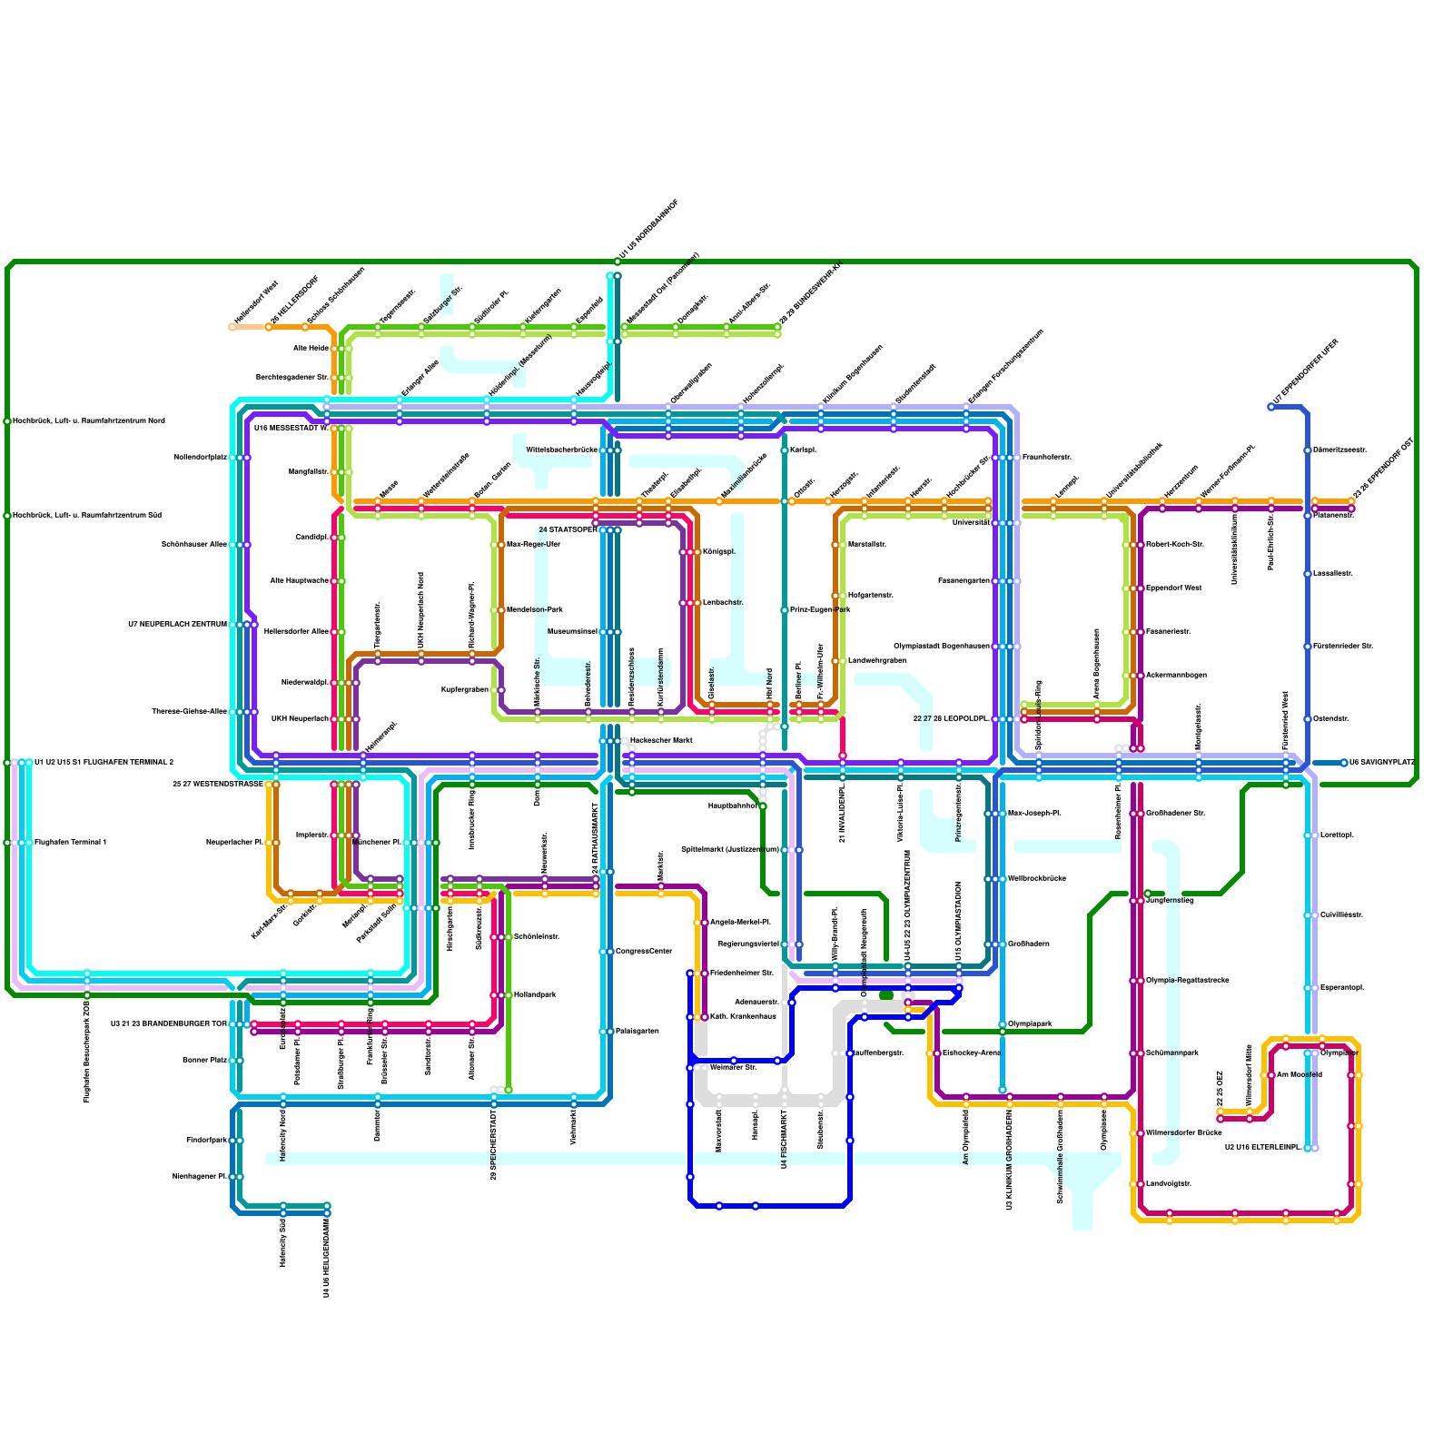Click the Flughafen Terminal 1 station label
pos(70,843)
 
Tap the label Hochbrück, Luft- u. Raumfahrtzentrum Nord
pos(89,421)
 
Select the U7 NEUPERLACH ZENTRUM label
pos(177,625)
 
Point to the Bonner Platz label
pos(205,1061)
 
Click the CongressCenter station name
pos(644,952)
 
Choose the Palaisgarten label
pos(637,1032)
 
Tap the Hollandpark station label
pos(534,995)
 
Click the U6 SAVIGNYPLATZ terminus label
pos(1381,763)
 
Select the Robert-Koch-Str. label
pos(1174,545)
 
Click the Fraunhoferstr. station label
pos(1046,458)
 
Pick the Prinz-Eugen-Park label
pos(820,610)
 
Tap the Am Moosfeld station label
pos(1299,1075)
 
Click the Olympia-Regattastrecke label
pos(1187,981)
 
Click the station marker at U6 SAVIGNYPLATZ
pos(1344,763)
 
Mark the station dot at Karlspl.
pos(785,450)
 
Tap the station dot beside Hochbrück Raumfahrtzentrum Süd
pos(7,516)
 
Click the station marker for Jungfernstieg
pos(1148,894)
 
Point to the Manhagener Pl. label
pos(200,1177)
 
